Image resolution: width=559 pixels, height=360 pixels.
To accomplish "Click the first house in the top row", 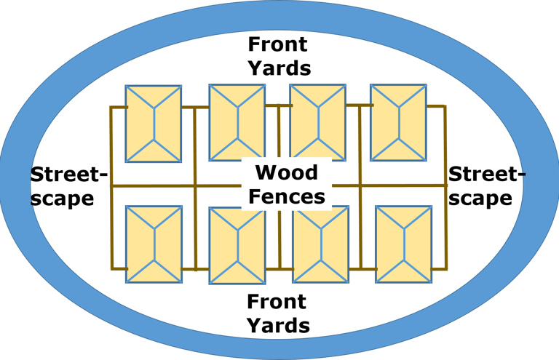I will pos(154,124).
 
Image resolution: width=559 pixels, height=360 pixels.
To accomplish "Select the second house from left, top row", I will pos(237,122).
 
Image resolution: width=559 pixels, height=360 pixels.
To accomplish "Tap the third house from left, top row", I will pos(317,122).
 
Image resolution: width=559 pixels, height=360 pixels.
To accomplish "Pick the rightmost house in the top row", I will pos(398,122).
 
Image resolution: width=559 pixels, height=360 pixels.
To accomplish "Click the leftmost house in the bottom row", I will pos(154,244).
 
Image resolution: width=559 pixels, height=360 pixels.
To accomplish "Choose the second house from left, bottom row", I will pos(237,245).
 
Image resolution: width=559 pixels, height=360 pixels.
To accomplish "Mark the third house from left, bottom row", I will pos(320,244).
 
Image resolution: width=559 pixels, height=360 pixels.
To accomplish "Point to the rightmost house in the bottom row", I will pos(403,244).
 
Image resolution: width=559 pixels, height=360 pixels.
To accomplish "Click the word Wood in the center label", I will pos(287,173).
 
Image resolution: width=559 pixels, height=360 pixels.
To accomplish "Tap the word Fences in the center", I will pos(286,196).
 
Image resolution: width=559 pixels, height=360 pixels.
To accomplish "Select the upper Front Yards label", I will pos(279,56).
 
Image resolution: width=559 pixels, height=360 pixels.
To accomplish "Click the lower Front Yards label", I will pos(278,313).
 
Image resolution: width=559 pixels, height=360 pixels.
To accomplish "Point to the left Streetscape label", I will pos(68,186).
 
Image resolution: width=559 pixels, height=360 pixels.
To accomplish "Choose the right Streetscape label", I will pos(486,186).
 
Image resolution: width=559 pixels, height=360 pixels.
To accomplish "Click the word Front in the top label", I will pos(278,44).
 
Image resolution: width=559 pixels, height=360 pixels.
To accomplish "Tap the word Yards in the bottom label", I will pos(278,325).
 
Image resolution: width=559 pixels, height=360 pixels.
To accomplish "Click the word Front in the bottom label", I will pos(277,301).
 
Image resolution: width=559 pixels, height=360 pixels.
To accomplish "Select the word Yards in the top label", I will pos(279,68).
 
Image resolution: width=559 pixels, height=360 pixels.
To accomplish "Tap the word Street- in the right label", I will pos(487,175).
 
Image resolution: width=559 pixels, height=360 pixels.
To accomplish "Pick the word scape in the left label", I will pos(63,199).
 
